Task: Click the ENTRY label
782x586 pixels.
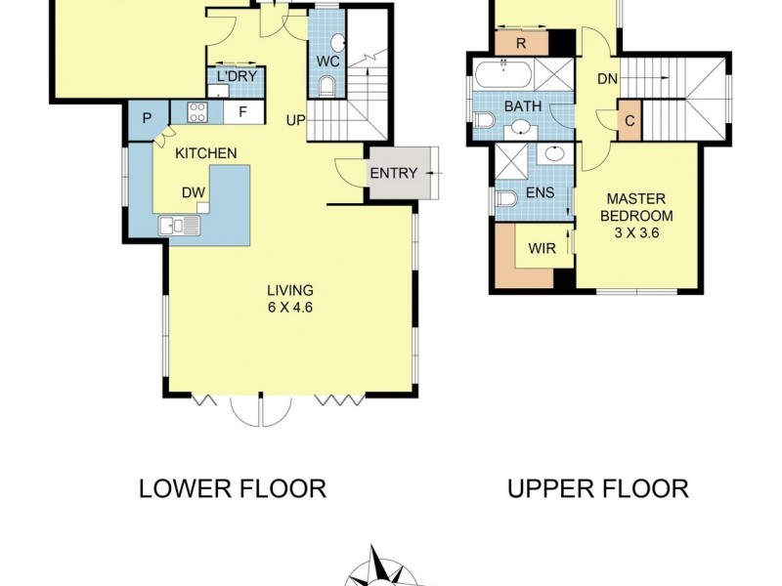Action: tap(394, 174)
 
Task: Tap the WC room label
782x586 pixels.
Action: tap(326, 62)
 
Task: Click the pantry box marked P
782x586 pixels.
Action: tap(147, 118)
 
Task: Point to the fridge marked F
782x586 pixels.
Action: tap(243, 112)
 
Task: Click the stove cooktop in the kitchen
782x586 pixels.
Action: tap(196, 112)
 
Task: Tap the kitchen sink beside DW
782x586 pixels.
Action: tap(179, 226)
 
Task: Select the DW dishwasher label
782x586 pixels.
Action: tap(192, 192)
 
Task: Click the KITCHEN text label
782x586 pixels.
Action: tap(205, 153)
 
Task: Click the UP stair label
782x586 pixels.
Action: tap(294, 120)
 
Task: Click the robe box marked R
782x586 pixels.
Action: tap(521, 44)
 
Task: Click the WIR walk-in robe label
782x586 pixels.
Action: tap(542, 248)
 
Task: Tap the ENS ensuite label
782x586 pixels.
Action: tap(539, 193)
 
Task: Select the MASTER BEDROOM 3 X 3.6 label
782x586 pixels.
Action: tap(637, 215)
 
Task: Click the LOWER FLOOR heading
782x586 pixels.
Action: tap(233, 488)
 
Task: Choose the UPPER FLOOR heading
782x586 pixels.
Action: tap(598, 488)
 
